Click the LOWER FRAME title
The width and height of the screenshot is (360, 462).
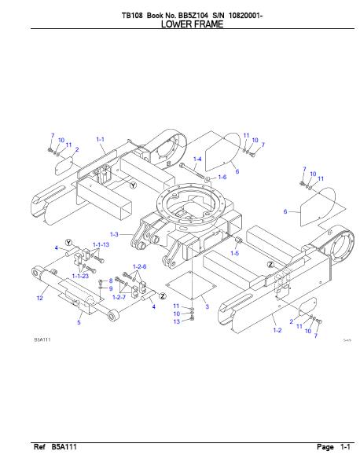click(x=192, y=24)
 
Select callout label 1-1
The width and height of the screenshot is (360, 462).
click(x=101, y=139)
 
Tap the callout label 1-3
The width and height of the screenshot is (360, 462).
click(x=114, y=234)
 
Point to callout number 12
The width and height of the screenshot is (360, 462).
click(x=40, y=298)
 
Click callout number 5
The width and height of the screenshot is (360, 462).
click(x=79, y=322)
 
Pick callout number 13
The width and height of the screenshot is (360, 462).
click(x=176, y=321)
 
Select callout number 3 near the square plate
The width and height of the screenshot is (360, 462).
click(x=207, y=306)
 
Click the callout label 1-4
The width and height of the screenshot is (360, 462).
click(x=197, y=159)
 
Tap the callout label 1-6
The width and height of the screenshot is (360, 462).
click(x=222, y=177)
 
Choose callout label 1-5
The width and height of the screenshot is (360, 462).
click(x=235, y=253)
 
